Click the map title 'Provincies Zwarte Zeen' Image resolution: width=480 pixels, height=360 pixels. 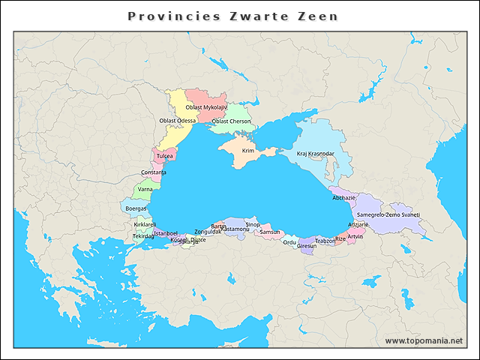click(x=232, y=16)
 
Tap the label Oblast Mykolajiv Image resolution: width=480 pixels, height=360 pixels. click(x=205, y=107)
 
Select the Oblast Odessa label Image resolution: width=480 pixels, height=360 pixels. click(x=178, y=120)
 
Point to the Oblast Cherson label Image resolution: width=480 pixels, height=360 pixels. click(x=231, y=121)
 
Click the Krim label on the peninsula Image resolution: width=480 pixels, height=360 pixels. click(x=248, y=151)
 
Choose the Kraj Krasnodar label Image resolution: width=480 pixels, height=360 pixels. click(x=315, y=154)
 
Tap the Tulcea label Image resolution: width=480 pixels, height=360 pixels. click(x=165, y=156)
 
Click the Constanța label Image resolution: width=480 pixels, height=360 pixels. click(x=154, y=172)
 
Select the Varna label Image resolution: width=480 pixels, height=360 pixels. click(x=145, y=190)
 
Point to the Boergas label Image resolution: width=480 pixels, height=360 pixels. click(x=136, y=208)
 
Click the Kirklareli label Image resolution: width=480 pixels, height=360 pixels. click(x=145, y=224)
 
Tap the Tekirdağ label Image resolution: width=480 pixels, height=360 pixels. click(x=143, y=236)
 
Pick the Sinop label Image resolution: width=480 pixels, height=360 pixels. click(x=253, y=224)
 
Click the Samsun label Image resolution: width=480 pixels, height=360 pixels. click(x=269, y=232)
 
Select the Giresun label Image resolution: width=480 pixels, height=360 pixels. click(x=307, y=245)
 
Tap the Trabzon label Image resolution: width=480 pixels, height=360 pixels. click(x=325, y=241)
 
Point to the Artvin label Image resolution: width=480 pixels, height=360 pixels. click(x=355, y=236)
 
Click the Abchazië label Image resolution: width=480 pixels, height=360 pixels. click(x=344, y=197)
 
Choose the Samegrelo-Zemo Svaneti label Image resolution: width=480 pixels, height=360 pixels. click(x=388, y=214)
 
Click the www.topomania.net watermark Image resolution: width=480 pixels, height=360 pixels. click(x=424, y=340)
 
